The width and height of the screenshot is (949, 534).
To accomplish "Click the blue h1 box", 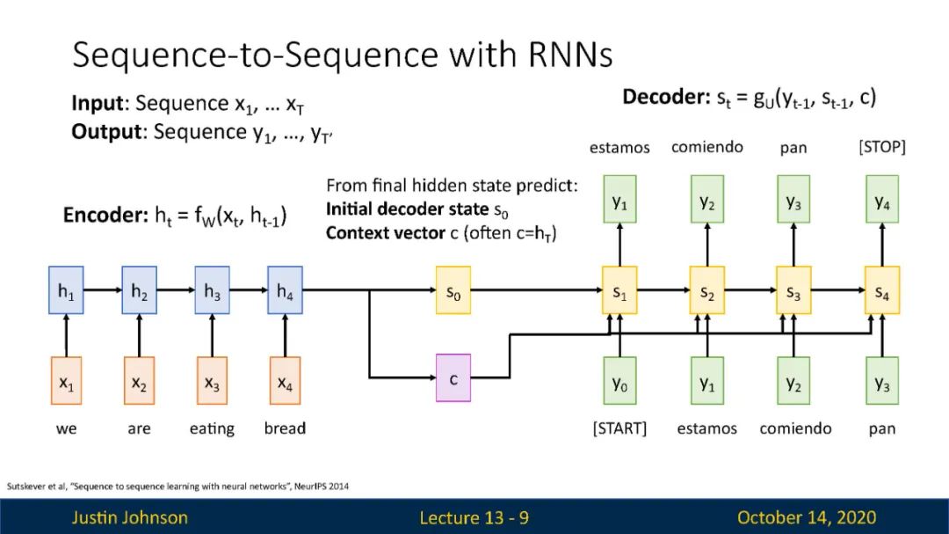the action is coord(66,290).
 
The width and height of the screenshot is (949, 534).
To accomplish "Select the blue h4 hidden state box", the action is coord(285,290).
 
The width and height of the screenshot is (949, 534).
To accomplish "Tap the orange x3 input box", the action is coord(212,381).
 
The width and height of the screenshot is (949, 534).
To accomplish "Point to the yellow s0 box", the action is coord(453,290).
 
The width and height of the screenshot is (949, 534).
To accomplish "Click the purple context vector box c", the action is coord(453,378).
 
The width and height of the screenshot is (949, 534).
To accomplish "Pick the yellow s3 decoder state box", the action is coord(793,290).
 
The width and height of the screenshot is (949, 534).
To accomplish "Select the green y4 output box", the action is coord(882,200).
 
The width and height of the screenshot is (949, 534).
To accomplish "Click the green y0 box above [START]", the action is coord(619,381).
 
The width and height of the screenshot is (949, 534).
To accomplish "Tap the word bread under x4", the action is coord(285,428).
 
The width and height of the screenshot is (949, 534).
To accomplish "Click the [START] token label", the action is coord(619,428).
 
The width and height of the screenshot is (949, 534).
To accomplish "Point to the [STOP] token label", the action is coord(882,147).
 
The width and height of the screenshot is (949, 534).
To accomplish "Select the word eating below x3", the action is coord(212,429).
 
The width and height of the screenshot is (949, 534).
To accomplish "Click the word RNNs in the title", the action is coord(570,55).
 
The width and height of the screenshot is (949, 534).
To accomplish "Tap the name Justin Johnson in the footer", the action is coord(129,517).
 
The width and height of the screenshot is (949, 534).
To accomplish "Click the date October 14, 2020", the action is coord(807,517).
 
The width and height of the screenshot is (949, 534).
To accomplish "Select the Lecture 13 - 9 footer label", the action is coord(474,517).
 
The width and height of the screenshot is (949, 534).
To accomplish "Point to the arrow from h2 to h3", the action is coord(176,290).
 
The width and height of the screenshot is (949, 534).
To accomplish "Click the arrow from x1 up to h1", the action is coord(66,336).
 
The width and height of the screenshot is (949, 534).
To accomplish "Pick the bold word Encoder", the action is coord(105,216).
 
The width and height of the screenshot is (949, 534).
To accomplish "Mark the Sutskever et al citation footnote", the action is coord(177,486).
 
